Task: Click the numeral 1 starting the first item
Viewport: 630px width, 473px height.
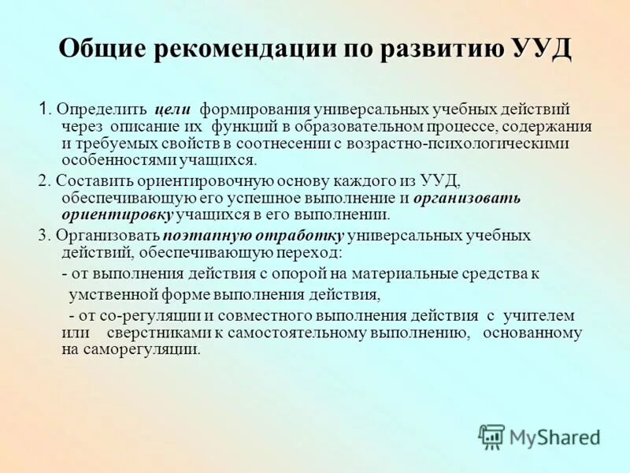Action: (44, 108)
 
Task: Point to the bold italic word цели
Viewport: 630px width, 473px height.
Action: (171, 109)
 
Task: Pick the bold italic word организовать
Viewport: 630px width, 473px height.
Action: (467, 198)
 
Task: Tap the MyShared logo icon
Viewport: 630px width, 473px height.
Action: (491, 436)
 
